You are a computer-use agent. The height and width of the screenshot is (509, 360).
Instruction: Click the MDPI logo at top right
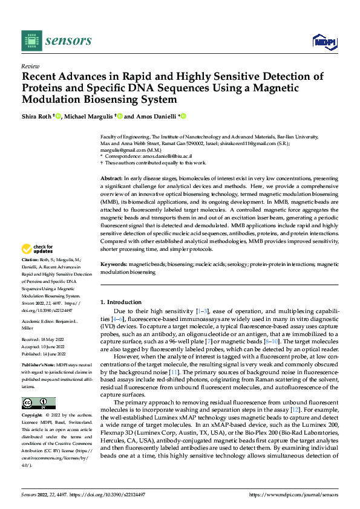tap(324, 41)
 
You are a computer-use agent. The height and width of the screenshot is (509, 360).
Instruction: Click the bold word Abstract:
tap(111, 179)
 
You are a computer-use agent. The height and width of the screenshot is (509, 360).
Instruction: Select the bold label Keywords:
tap(114, 265)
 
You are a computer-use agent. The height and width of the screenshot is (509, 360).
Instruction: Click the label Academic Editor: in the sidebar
tap(40, 320)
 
